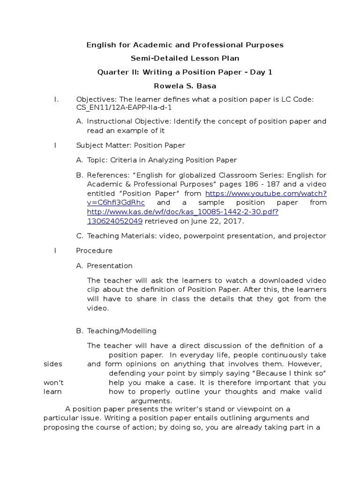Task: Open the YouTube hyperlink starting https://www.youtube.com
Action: (x=266, y=193)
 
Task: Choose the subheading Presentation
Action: (x=110, y=266)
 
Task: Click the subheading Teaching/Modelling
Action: (x=121, y=331)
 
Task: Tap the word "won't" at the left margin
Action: (x=54, y=382)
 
